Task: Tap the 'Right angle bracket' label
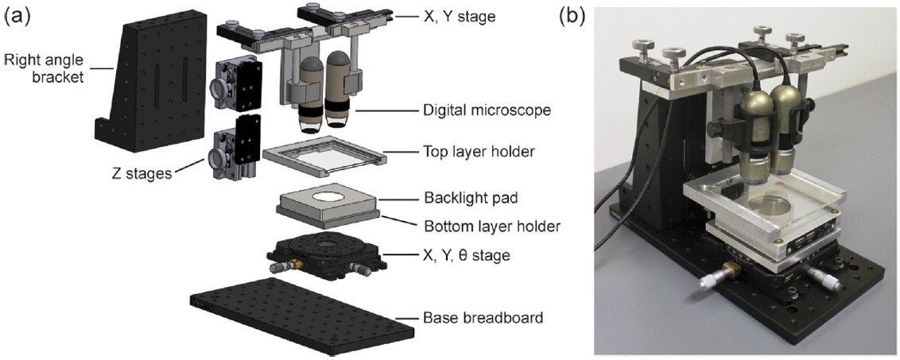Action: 44,68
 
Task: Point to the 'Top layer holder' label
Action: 479,152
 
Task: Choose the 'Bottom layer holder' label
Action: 491,226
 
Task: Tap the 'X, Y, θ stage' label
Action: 467,255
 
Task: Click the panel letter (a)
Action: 17,16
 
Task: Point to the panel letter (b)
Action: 572,16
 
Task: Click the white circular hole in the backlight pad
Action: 325,196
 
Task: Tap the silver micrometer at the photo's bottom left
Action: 715,282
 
